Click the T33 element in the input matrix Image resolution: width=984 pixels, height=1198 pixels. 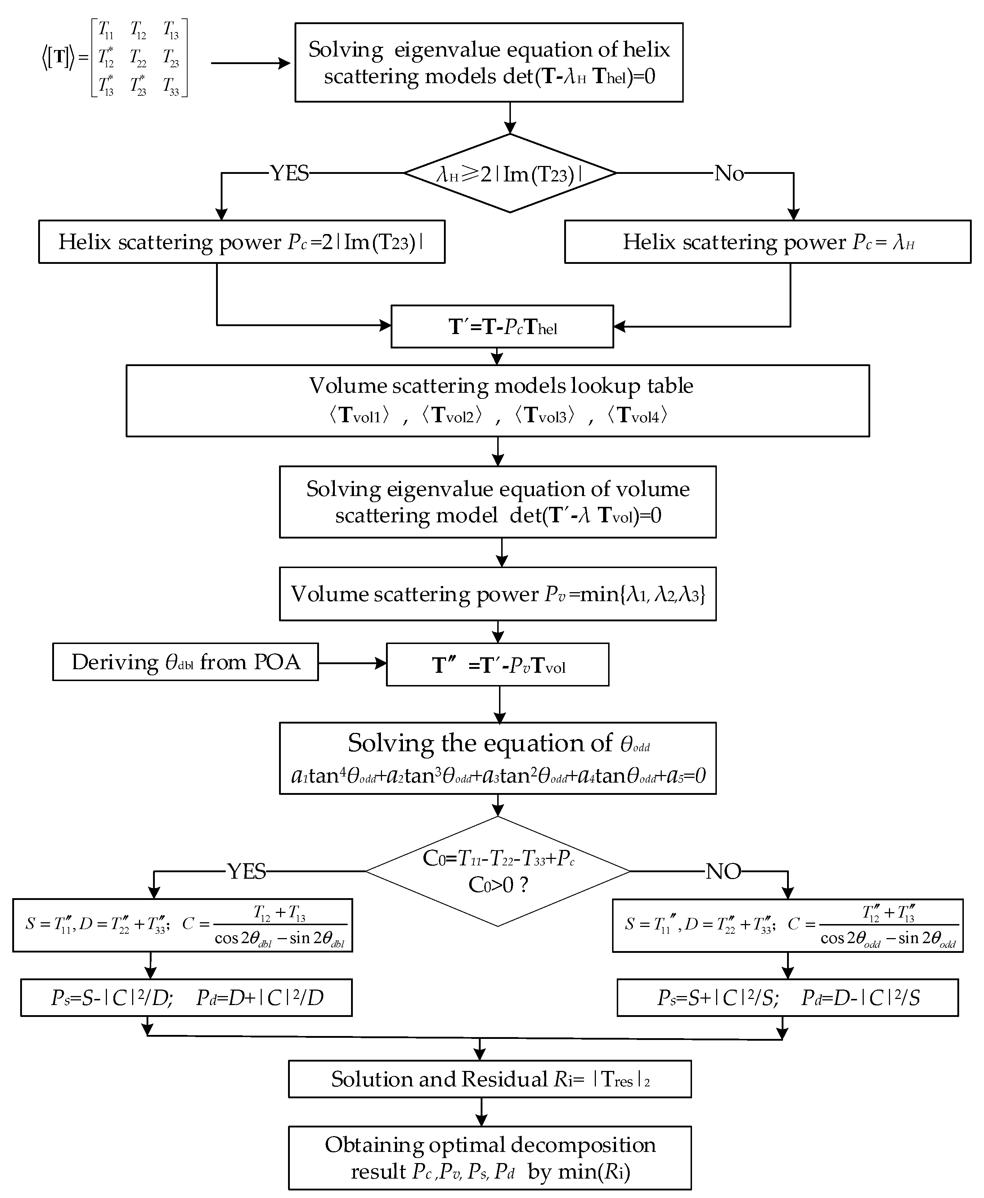pos(171,86)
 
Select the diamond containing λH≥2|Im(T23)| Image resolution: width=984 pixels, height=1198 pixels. pos(509,174)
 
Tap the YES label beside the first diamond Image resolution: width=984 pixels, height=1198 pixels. pos(289,173)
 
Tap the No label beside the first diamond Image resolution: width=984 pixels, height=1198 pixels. pos(729,173)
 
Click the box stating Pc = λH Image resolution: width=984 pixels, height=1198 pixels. pos(768,242)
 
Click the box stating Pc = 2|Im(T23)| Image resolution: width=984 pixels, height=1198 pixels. pos(242,242)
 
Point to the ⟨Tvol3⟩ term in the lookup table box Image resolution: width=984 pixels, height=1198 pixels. pos(545,415)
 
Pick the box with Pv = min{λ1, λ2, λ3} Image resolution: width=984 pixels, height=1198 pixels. pos(497,594)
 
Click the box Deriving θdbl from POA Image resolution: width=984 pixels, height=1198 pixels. pos(185,662)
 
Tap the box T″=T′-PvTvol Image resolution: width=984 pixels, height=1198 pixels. pos(497,665)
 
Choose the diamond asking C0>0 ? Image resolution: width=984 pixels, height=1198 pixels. pos(497,872)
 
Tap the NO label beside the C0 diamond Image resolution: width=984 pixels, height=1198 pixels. pos(723,871)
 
